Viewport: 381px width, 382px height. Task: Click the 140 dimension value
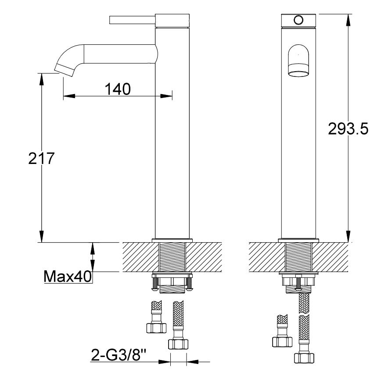tap(118, 89)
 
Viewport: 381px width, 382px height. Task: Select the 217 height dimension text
tap(41, 158)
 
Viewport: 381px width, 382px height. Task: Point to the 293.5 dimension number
tap(348, 129)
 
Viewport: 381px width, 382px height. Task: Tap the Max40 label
tap(68, 276)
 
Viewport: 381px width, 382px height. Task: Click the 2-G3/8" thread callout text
tap(119, 355)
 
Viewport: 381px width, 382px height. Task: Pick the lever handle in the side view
tap(133, 20)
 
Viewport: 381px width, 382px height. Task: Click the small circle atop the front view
tap(298, 20)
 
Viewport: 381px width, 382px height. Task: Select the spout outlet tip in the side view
tap(64, 70)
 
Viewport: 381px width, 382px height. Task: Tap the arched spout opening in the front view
tap(298, 60)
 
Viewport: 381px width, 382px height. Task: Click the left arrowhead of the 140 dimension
tap(69, 96)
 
